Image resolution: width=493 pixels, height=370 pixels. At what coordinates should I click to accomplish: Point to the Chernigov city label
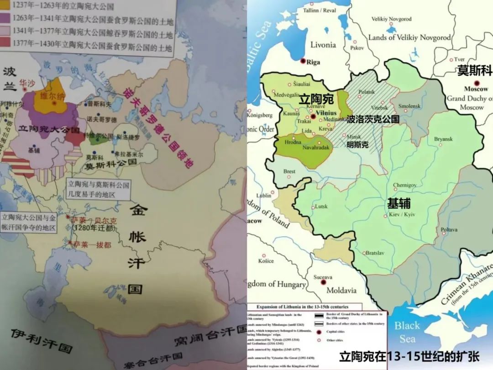click(x=404, y=185)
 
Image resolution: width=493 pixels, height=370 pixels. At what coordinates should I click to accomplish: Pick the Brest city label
click(x=289, y=172)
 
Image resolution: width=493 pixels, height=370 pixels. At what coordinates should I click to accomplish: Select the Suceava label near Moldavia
click(x=323, y=277)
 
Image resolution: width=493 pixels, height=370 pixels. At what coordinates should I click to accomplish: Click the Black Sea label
click(x=407, y=332)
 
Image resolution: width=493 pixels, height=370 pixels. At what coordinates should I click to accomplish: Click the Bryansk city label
click(x=443, y=139)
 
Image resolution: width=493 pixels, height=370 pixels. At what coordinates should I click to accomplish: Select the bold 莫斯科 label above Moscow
click(x=475, y=71)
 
